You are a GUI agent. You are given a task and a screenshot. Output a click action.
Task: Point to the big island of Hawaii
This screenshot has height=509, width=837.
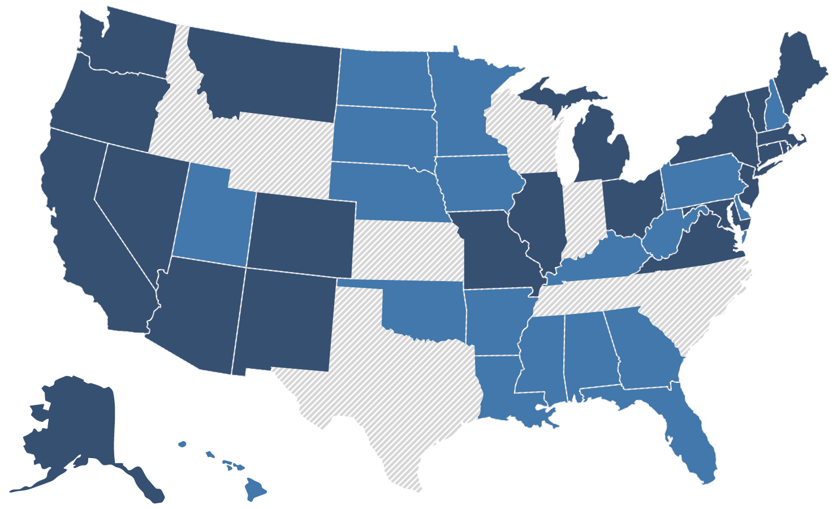click(x=255, y=489)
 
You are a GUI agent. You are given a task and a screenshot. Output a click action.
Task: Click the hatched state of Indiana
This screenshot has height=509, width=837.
click(x=583, y=218)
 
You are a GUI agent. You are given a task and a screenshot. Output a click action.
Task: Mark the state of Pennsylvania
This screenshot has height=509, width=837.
click(x=701, y=181)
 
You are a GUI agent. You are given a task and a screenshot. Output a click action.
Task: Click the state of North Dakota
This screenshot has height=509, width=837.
click(x=385, y=76)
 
